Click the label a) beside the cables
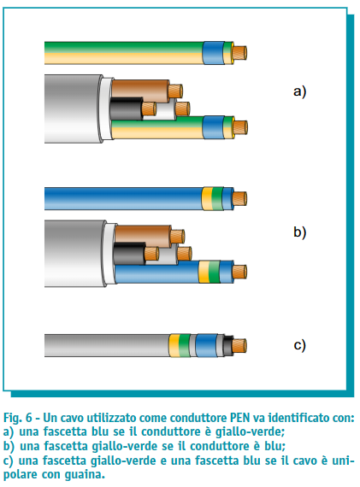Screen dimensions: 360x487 [x=299, y=91]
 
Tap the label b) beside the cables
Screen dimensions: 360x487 [x=299, y=232]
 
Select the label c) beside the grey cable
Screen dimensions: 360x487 [x=299, y=345]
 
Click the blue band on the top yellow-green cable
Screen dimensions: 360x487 [x=214, y=53]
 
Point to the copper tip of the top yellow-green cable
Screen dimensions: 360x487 [x=240, y=53]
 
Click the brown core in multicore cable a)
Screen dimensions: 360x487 [x=140, y=90]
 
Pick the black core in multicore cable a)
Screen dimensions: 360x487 [x=127, y=109]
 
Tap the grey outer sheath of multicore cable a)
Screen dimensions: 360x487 [x=74, y=109]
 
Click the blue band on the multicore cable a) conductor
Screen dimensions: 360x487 [x=214, y=127]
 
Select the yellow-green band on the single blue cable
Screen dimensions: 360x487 [x=213, y=199]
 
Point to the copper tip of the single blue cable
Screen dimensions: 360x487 [x=239, y=199]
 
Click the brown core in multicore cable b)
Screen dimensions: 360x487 [x=143, y=235]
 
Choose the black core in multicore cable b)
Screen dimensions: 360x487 [x=129, y=253]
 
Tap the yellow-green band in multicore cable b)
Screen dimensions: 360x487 [x=210, y=272]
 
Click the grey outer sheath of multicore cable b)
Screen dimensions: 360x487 [x=75, y=254]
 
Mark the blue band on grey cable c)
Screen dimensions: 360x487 [x=206, y=345]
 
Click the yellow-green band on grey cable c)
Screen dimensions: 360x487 [x=180, y=345]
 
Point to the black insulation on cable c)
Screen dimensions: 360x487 [x=228, y=346]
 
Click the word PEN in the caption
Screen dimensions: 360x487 [x=239, y=418]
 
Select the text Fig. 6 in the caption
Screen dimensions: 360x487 [x=18, y=418]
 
